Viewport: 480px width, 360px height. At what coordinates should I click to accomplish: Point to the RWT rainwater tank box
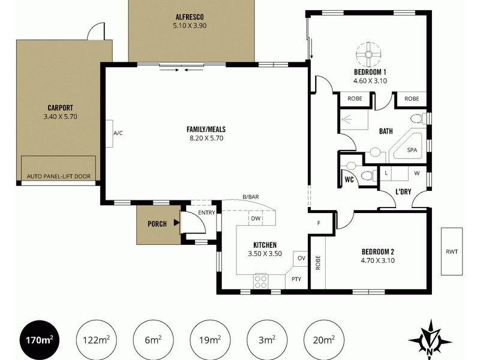point(452,251)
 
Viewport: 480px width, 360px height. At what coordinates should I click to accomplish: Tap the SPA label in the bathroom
point(412,150)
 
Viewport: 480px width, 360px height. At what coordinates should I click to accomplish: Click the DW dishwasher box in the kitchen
point(256,218)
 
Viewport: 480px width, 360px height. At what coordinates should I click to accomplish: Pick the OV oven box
point(301,259)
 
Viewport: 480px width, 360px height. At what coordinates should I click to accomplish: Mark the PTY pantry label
point(296,279)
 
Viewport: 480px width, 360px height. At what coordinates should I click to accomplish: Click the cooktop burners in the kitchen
point(261,281)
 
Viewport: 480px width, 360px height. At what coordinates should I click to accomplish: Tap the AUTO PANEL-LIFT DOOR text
point(59,177)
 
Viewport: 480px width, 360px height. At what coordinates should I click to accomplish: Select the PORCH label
point(157,224)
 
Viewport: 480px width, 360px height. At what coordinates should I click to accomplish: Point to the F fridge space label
point(319,224)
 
